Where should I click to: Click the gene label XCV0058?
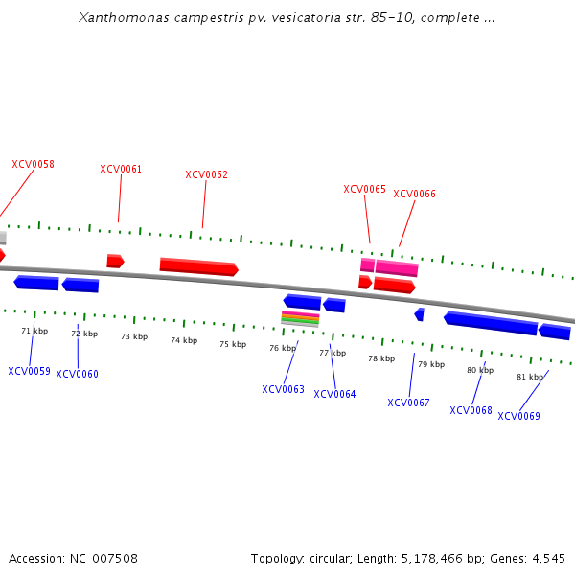point(33,164)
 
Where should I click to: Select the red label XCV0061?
point(121,170)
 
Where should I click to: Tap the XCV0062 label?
point(206,174)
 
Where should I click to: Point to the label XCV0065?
point(364,189)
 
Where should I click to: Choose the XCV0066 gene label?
point(414,194)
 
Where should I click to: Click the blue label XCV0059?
point(29,371)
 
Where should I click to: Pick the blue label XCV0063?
point(283,389)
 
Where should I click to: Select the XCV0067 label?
point(408,402)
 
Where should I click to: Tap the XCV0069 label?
point(518,416)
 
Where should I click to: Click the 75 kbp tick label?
point(233,344)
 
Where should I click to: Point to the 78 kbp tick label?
point(381,358)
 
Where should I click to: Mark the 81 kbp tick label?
point(530,377)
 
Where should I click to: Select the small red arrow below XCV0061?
point(115,261)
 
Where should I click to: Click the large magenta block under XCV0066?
point(397,268)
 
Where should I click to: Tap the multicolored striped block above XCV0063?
point(300,318)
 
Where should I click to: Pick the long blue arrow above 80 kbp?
point(490,323)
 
